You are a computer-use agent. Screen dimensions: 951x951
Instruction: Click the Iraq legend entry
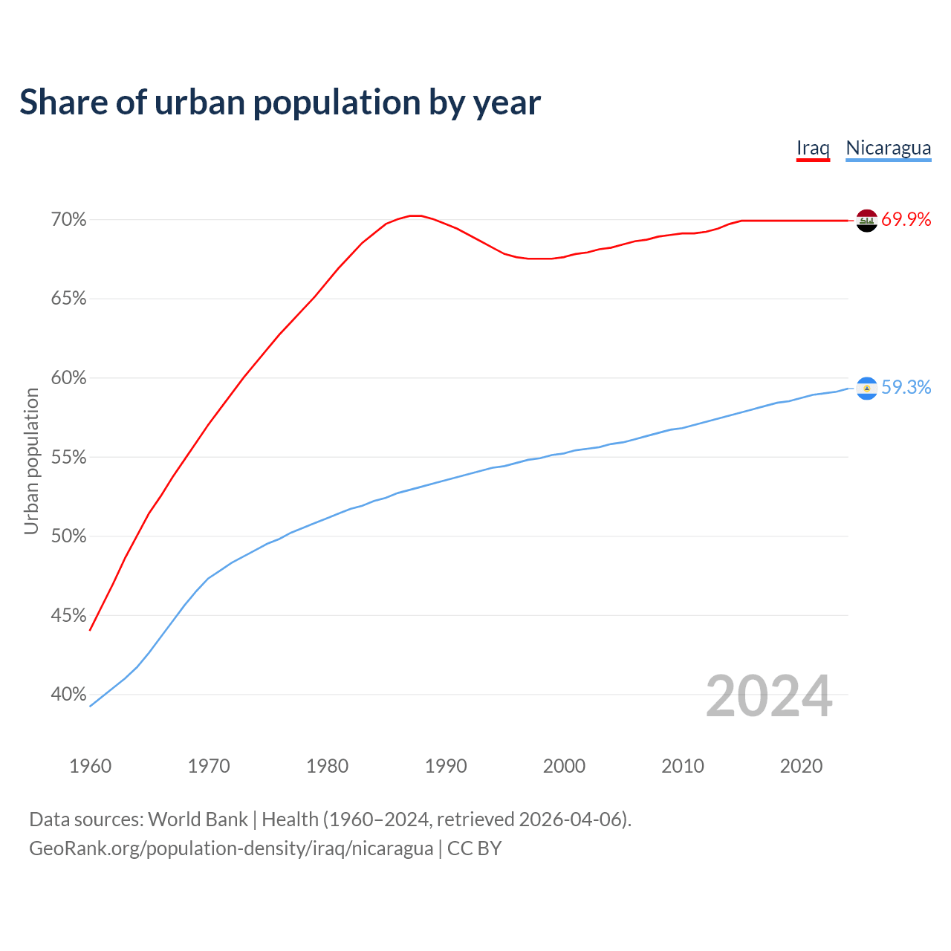813,148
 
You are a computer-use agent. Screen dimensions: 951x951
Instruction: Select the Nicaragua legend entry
888,148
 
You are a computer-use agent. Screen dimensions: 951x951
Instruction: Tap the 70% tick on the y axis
68,220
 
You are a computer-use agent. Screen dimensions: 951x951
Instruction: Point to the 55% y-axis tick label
68,458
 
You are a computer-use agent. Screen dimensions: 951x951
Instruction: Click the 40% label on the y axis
68,695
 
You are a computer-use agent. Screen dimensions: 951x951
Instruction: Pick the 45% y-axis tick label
68,616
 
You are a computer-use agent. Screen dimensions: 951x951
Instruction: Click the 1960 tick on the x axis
90,766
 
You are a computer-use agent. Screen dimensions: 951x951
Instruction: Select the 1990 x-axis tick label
446,766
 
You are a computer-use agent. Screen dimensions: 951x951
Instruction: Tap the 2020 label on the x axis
801,766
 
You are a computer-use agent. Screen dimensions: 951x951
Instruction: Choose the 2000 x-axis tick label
564,766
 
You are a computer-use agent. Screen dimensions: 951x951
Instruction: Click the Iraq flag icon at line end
866,221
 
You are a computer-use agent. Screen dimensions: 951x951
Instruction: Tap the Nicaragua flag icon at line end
866,389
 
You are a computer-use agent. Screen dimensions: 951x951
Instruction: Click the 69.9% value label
906,220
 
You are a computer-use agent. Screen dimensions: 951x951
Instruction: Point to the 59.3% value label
906,388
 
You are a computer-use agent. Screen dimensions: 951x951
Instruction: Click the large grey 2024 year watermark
768,696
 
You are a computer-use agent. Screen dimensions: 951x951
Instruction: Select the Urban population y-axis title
31,461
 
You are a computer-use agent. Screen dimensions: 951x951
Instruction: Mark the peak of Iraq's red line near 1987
415,215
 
